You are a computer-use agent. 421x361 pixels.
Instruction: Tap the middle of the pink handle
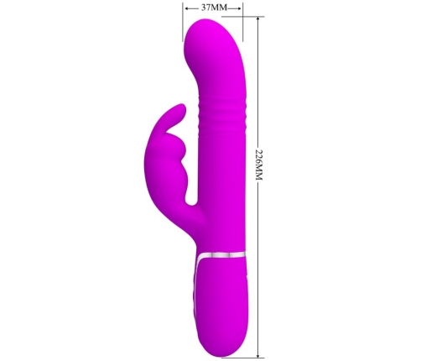pyautogui.click(x=221, y=298)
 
